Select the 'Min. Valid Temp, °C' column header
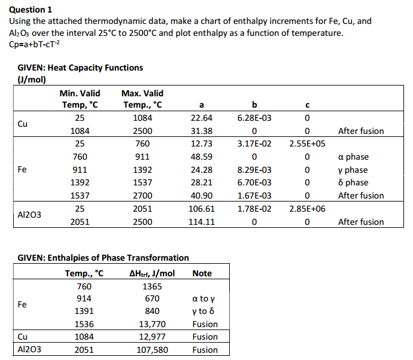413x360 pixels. tap(80, 99)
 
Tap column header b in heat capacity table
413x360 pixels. tap(254, 106)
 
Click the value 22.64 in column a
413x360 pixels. tap(201, 118)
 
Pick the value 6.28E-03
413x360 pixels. tap(254, 118)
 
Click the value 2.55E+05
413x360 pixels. tap(307, 144)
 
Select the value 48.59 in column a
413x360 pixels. tap(201, 157)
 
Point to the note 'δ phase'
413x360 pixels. tap(353, 183)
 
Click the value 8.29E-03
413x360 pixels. tap(254, 170)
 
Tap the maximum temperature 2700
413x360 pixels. tap(142, 196)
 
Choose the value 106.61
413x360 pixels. tap(201, 209)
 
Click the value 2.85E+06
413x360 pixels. tap(307, 209)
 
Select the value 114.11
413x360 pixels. tap(201, 222)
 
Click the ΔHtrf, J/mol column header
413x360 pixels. tap(152, 274)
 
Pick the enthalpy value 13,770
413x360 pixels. tap(152, 324)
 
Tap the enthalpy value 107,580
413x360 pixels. tap(152, 350)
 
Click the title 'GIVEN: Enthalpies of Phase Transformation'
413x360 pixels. tap(103, 258)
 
